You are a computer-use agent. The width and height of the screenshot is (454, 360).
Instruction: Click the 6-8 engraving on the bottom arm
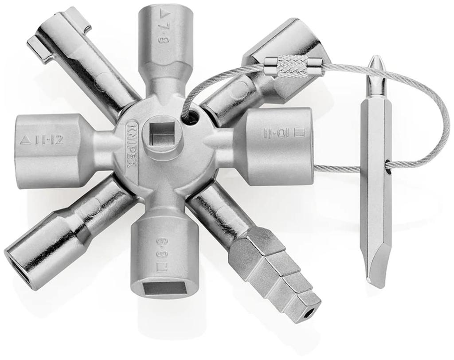coord(160,247)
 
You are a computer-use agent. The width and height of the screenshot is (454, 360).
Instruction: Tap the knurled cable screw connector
coord(291,67)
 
